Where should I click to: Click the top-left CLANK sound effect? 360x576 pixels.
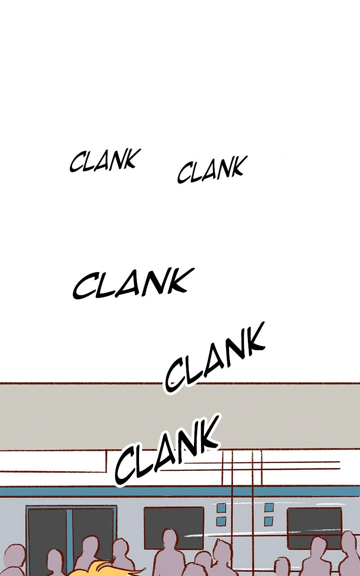(x=105, y=161)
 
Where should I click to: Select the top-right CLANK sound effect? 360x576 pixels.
(x=211, y=170)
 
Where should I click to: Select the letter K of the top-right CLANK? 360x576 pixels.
(x=235, y=166)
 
